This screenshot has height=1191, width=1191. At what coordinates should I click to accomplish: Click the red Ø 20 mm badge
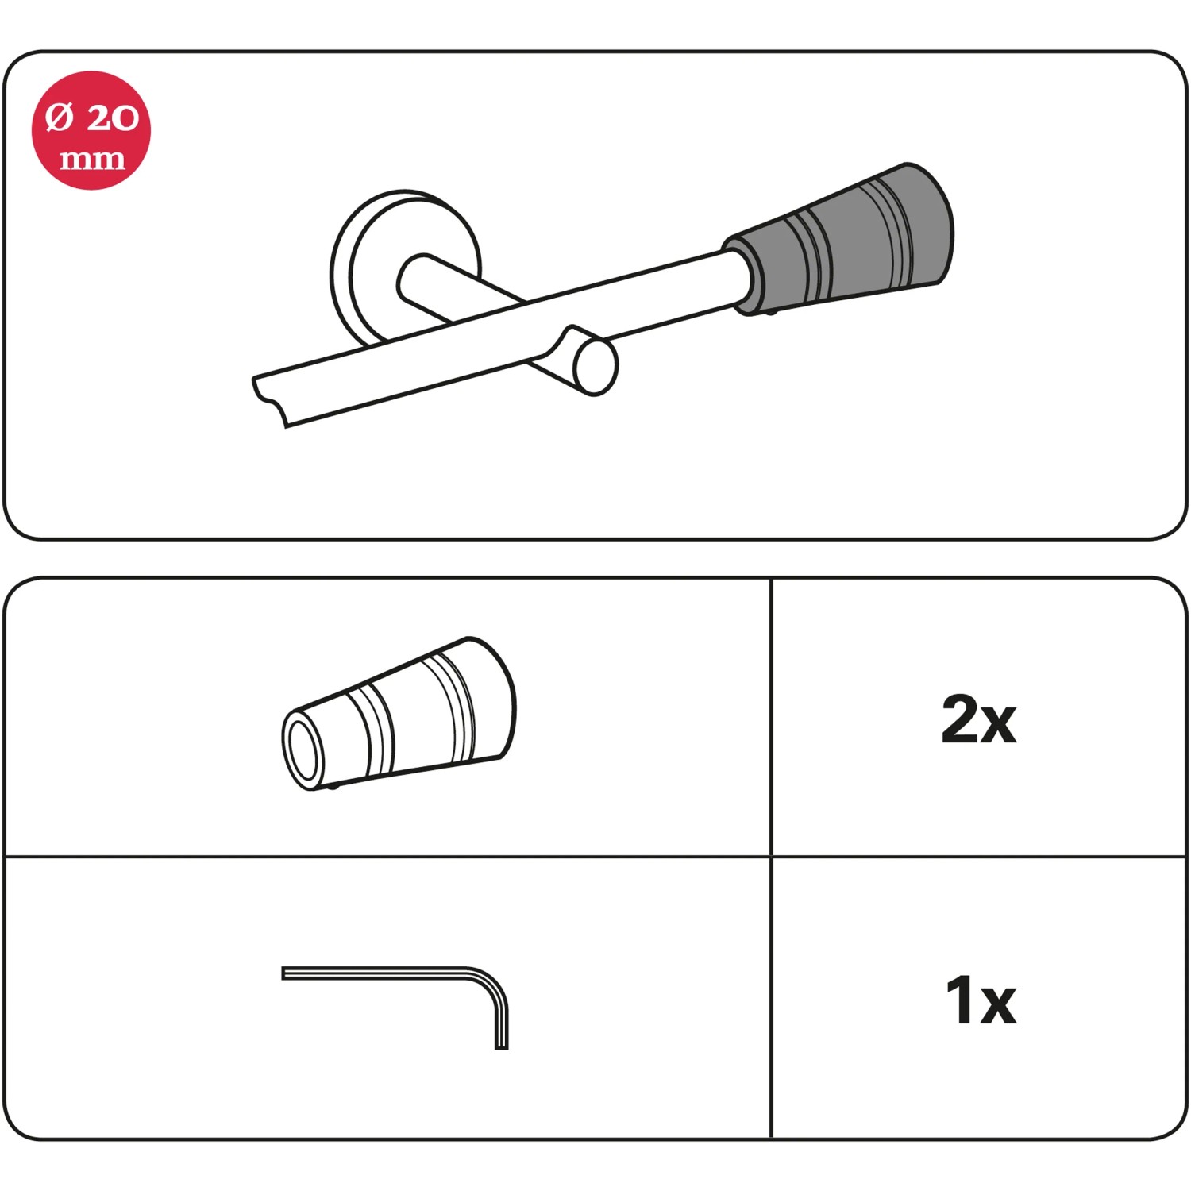91,130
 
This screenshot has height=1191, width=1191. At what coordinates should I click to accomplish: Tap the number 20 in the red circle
113,118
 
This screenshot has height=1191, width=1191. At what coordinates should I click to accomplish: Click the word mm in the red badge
92,160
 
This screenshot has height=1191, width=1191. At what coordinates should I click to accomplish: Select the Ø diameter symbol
60,118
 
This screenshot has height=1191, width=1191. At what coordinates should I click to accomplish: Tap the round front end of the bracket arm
595,366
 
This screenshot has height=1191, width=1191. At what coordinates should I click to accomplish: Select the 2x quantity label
978,719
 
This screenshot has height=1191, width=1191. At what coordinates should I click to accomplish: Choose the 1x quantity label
981,1000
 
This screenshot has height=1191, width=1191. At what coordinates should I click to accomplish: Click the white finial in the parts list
399,713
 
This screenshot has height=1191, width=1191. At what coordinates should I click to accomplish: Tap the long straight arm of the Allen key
373,973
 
